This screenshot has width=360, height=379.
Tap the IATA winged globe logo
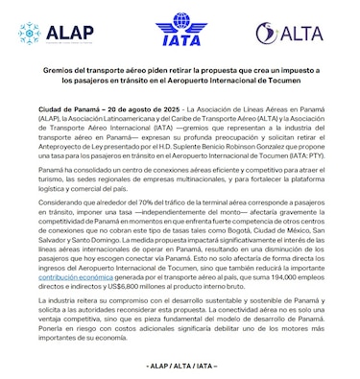click(180, 30)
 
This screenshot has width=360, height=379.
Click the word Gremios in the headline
click(62, 71)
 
